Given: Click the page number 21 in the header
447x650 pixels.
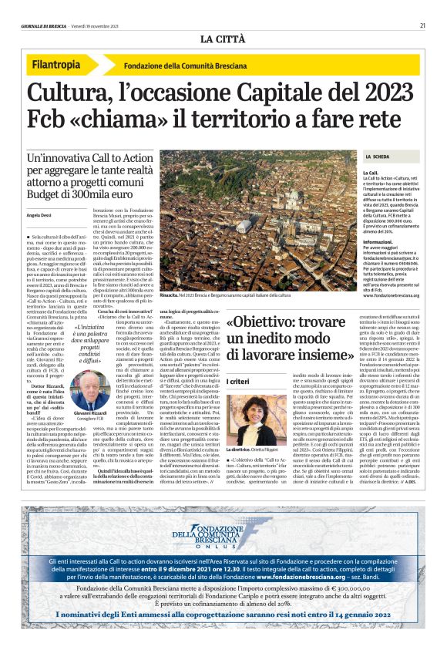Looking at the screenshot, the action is pos(423,25).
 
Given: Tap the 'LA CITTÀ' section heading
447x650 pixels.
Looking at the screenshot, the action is pos(223,39).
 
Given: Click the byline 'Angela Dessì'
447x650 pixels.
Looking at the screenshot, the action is pos(38,214).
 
